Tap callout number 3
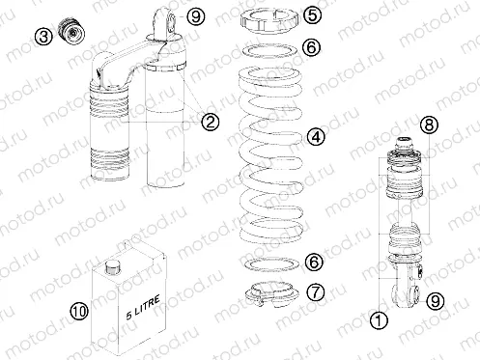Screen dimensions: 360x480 [42, 38]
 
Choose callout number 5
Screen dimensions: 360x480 [312, 15]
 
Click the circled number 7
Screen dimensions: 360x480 [315, 291]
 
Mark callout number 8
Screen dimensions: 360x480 [431, 124]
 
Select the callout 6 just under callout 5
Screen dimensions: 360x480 [312, 46]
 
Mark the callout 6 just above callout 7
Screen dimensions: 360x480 [312, 262]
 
